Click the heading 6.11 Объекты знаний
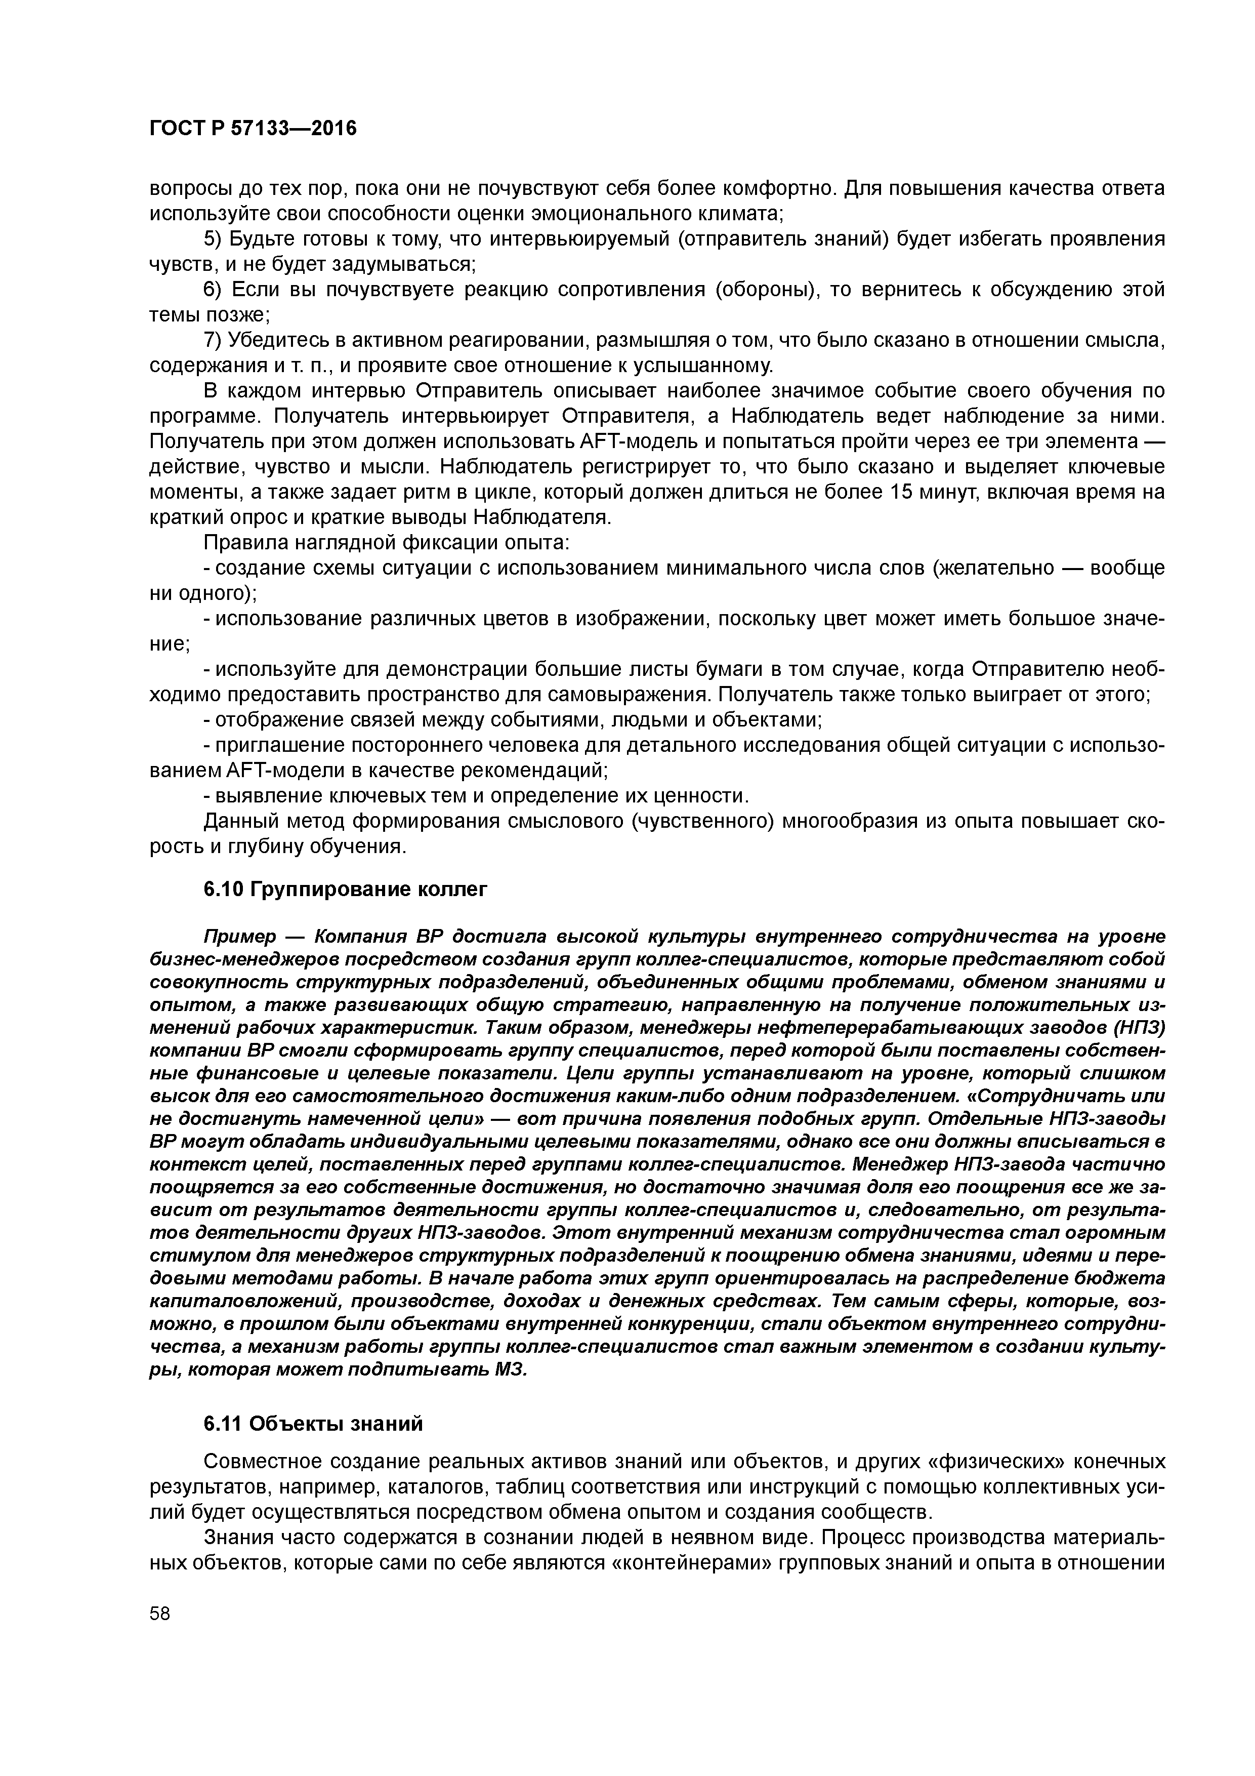click(313, 1424)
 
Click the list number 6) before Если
click(213, 290)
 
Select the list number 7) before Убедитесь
click(213, 340)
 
